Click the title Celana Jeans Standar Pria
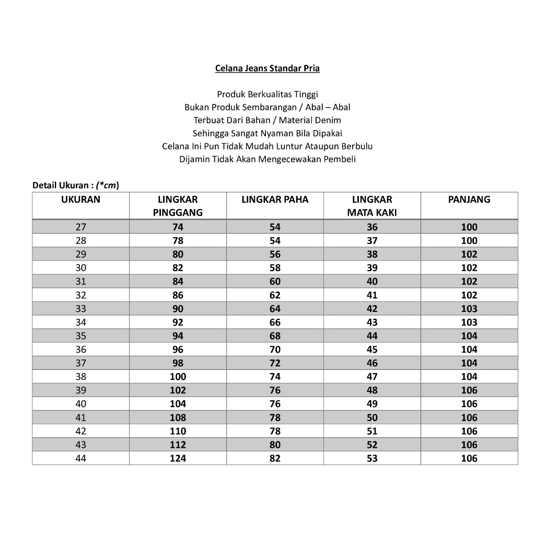coord(267,68)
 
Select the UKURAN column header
coord(80,200)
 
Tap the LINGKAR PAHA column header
coord(275,200)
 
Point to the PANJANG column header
coord(469,200)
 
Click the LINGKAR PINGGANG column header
coord(178,206)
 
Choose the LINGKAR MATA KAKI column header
coord(372,206)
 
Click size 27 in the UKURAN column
coord(80,227)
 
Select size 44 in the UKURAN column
coord(80,458)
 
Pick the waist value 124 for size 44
coord(178,458)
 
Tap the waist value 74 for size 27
coord(178,227)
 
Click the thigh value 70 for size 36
coord(275,350)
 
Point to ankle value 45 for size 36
coord(372,350)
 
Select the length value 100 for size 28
coord(469,241)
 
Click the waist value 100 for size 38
coord(178,377)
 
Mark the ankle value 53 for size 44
coord(372,458)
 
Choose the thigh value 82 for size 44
coord(275,458)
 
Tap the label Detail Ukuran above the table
coord(61,185)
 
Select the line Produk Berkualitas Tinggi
coord(267,95)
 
